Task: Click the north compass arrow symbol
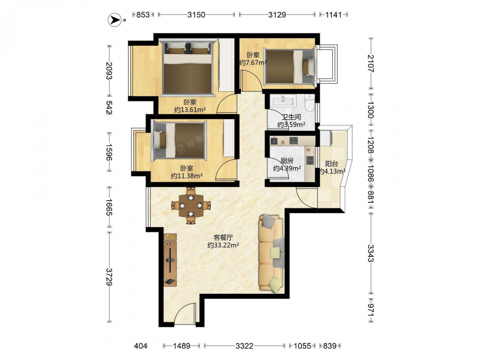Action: point(115,20)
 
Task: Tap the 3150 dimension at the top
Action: point(196,14)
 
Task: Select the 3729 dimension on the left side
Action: point(108,277)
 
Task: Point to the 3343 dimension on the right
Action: point(371,253)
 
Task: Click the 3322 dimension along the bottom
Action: point(244,346)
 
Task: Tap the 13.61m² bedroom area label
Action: point(190,109)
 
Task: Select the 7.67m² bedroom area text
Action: point(253,62)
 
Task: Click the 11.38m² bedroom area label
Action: point(187,176)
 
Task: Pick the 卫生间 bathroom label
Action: point(291,117)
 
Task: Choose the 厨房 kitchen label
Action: point(287,161)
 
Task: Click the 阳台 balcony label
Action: point(331,164)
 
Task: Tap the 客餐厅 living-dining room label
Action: point(223,237)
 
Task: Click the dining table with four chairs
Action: point(191,205)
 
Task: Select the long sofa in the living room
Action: point(271,252)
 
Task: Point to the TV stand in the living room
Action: point(170,260)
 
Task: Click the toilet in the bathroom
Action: point(310,102)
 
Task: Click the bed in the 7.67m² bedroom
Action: point(289,67)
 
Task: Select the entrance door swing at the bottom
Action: point(184,312)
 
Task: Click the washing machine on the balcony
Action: point(325,138)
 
